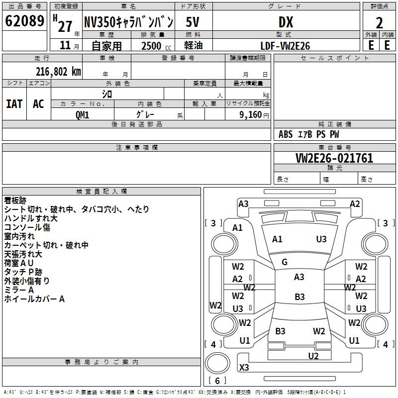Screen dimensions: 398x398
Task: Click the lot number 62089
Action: [x=24, y=21]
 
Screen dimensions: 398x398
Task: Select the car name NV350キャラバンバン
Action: [x=129, y=22]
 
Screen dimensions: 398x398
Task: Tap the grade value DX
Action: [x=286, y=22]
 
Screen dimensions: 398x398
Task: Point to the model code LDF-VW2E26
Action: [x=285, y=46]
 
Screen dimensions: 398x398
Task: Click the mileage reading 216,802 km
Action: [x=58, y=72]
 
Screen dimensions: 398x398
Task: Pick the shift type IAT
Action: [x=14, y=104]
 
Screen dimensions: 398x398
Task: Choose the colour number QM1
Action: [x=82, y=115]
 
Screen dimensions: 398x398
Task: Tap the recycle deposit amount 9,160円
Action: [x=254, y=115]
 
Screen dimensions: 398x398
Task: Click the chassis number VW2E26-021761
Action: [x=334, y=158]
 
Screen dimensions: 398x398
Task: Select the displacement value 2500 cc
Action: [x=156, y=46]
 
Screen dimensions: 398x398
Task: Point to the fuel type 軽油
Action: [x=194, y=45]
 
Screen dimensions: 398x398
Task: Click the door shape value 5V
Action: [x=193, y=22]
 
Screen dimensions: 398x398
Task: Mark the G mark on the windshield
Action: [x=285, y=262]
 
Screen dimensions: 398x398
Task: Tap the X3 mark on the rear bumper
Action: [x=244, y=367]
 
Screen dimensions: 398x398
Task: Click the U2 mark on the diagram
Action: [x=313, y=356]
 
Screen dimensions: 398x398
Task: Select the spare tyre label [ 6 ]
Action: [x=217, y=381]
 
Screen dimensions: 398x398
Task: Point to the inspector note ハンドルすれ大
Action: [x=31, y=218]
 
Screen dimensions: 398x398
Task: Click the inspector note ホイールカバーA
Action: [x=34, y=299]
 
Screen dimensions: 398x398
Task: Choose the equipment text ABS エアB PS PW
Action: [x=308, y=134]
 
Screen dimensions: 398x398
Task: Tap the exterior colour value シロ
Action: [x=107, y=94]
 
